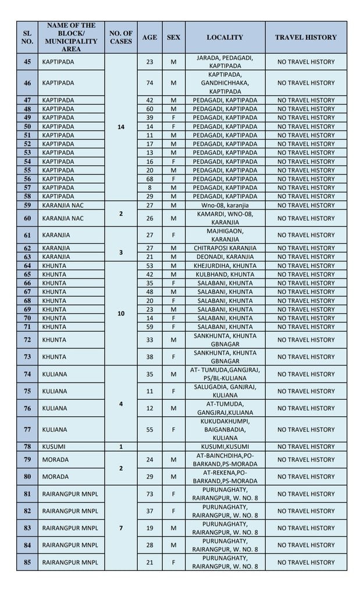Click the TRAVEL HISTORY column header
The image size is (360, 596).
305,37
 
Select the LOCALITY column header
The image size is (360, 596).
224,37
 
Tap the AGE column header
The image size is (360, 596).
149,37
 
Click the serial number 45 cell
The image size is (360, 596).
27,62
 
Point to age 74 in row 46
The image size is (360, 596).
149,83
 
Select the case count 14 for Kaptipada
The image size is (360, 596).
121,126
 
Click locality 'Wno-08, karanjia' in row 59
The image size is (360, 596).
224,205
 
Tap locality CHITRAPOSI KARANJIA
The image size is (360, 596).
224,248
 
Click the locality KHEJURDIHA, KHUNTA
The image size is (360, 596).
224,265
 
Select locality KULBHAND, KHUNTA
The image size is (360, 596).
224,274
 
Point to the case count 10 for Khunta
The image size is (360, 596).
121,313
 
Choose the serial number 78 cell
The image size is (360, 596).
27,446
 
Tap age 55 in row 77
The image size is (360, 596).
149,430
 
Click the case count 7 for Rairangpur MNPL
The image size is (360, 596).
121,528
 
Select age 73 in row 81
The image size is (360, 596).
149,494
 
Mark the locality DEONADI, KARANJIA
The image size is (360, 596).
224,257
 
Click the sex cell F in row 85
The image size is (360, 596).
173,562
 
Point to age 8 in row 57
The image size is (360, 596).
149,187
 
